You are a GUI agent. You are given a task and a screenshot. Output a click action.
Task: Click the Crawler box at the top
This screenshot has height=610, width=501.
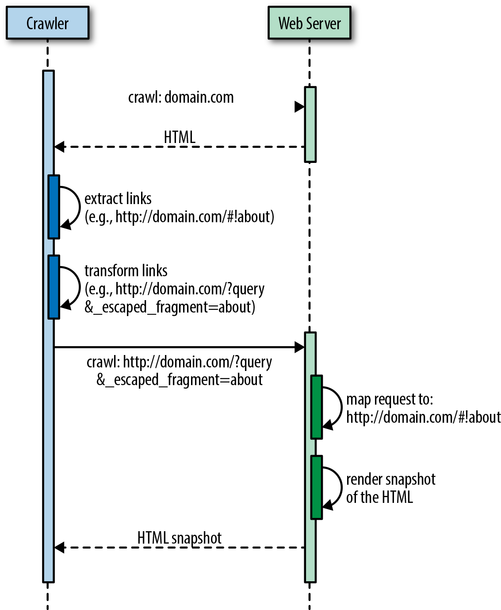(x=47, y=23)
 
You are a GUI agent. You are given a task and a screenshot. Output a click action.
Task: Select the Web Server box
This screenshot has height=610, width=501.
(x=309, y=23)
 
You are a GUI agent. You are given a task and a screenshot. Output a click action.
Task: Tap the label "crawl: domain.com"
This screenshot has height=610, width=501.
(x=181, y=97)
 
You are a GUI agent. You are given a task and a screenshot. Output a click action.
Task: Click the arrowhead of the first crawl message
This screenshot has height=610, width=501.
(x=299, y=107)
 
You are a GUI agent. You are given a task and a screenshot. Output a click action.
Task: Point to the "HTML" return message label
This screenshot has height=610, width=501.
(x=180, y=137)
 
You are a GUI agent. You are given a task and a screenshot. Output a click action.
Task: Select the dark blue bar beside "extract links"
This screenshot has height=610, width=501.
(x=54, y=207)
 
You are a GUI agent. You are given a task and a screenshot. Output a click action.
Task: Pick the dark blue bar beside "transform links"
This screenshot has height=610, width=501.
(x=54, y=287)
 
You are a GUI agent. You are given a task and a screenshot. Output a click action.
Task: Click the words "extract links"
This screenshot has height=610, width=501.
(x=118, y=199)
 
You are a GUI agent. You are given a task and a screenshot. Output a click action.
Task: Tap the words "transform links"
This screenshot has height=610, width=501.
(x=126, y=270)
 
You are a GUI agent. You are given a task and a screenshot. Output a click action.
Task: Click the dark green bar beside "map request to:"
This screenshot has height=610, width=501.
(x=316, y=407)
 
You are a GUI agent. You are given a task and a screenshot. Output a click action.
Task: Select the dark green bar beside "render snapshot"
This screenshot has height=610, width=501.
(x=316, y=487)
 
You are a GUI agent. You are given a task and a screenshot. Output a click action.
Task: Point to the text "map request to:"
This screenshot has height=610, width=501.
(x=390, y=399)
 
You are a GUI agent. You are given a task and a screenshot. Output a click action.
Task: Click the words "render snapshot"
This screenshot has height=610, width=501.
(x=391, y=479)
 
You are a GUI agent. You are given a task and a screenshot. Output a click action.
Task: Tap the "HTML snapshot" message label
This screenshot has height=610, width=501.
(x=179, y=538)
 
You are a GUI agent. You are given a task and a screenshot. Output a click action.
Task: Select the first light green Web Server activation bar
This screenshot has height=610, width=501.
(x=310, y=124)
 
